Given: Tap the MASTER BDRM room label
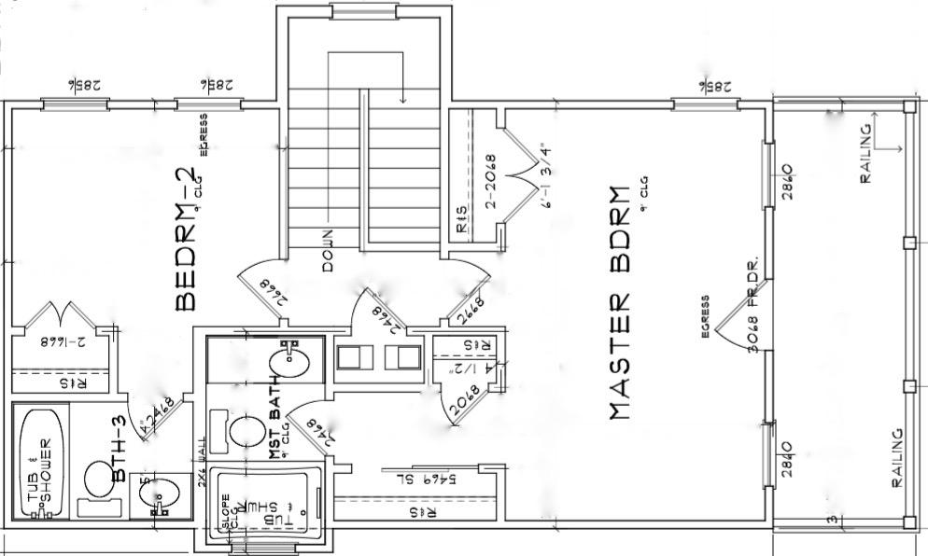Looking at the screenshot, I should pos(623,303).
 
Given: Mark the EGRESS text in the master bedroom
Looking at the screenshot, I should pos(705,319).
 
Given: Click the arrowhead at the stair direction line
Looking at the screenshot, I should pos(403,99).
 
